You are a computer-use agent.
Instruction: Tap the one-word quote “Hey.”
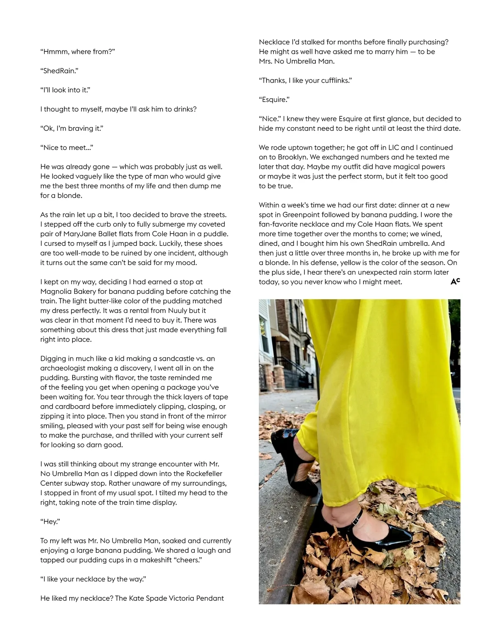click(50, 522)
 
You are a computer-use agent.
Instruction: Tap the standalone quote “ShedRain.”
click(59, 71)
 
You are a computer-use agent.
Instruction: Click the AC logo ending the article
click(455, 281)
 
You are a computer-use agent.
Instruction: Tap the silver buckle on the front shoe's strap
click(356, 520)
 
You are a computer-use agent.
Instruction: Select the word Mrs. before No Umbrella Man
click(267, 62)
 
